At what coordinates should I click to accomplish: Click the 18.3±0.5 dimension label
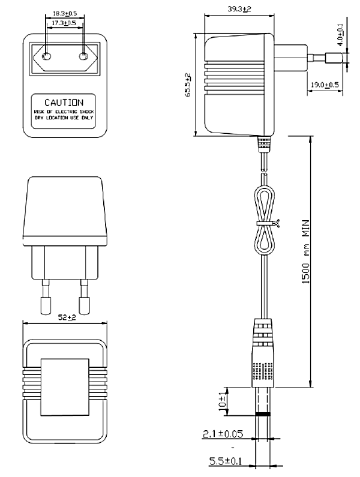(65, 12)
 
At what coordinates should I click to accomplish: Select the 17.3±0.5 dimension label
(65, 22)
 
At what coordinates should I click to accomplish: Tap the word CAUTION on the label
(64, 103)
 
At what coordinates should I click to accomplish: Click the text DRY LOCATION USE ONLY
(64, 118)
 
